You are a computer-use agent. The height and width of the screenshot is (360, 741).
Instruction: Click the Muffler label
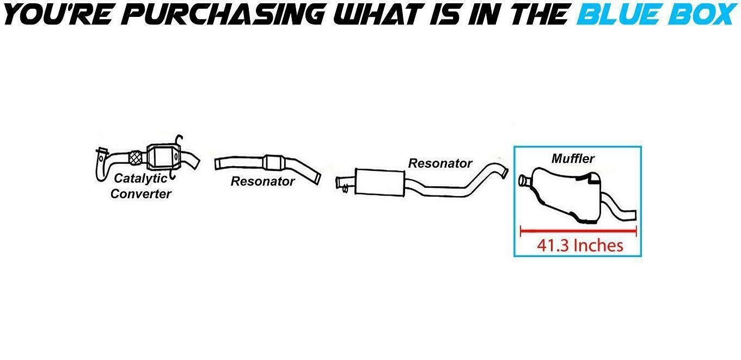pyautogui.click(x=573, y=159)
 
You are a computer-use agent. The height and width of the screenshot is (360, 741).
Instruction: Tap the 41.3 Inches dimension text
pyautogui.click(x=580, y=246)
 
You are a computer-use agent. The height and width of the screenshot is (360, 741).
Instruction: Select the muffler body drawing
pyautogui.click(x=566, y=193)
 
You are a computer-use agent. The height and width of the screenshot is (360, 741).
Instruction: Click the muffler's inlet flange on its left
pyautogui.click(x=524, y=180)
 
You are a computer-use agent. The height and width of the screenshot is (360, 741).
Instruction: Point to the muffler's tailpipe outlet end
pyautogui.click(x=632, y=214)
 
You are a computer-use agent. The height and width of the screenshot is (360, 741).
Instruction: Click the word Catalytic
pyautogui.click(x=140, y=179)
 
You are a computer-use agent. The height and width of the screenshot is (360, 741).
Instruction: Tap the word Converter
pyautogui.click(x=140, y=194)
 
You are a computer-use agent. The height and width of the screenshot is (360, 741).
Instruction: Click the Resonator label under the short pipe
pyautogui.click(x=262, y=181)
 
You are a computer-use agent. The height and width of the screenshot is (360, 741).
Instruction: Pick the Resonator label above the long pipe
pyautogui.click(x=440, y=163)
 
